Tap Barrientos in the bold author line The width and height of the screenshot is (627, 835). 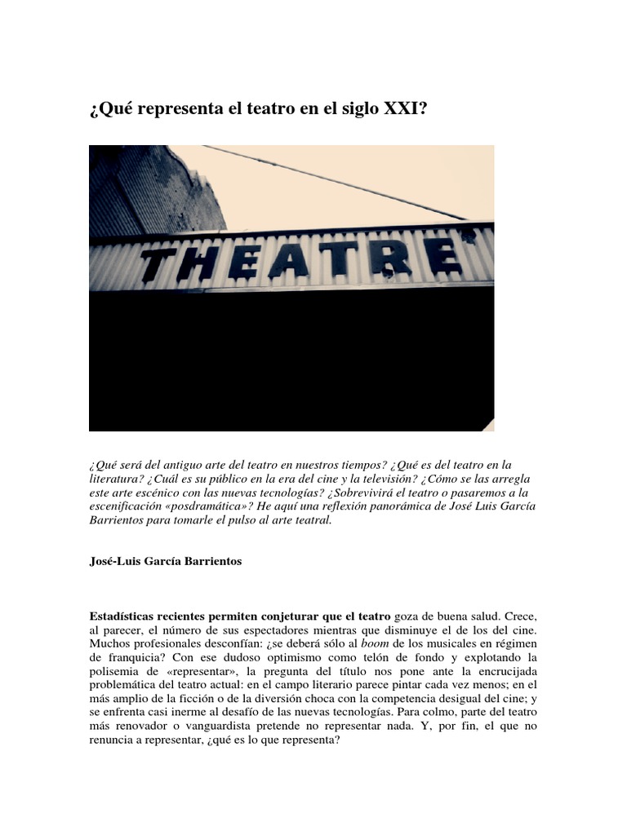[x=211, y=562]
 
